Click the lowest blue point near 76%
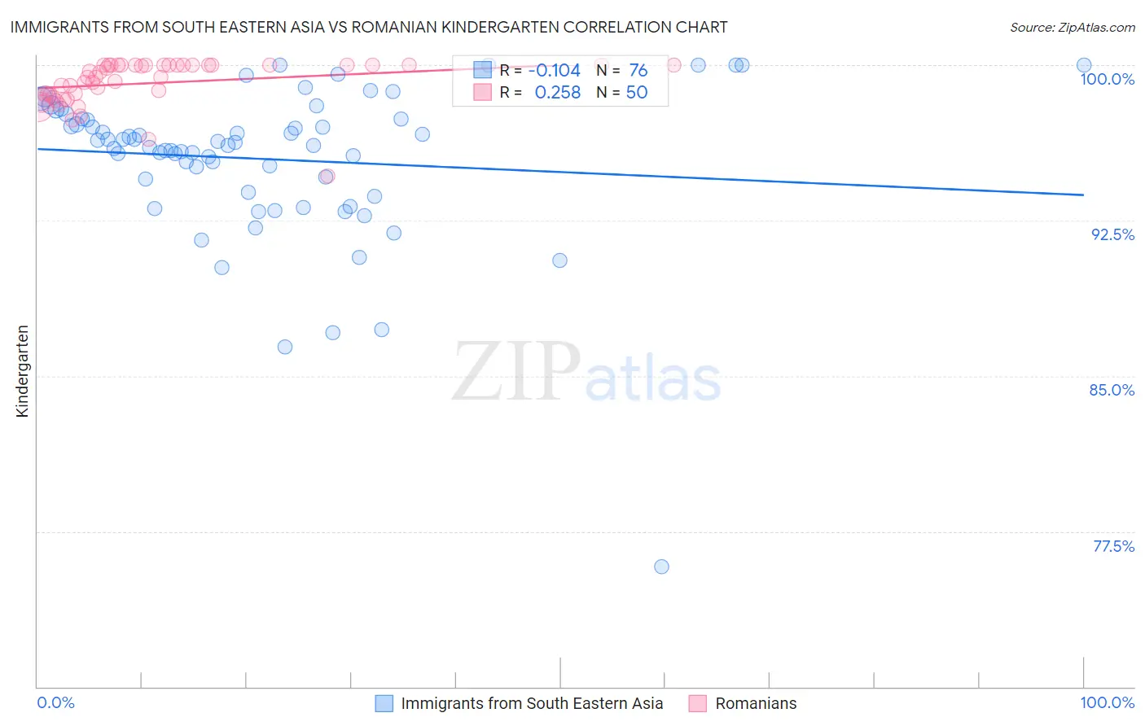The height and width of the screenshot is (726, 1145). (x=661, y=566)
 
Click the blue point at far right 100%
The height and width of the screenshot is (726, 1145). (x=1083, y=65)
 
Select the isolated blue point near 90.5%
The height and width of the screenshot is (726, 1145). (x=559, y=260)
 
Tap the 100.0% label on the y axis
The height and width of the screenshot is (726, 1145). (x=1107, y=79)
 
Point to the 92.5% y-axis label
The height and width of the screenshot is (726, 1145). (x=1112, y=234)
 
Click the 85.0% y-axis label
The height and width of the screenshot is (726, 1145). (x=1112, y=390)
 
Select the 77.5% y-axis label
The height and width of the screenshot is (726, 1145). (x=1113, y=546)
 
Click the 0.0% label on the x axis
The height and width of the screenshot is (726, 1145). (x=55, y=703)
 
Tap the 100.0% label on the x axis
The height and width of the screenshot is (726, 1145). (x=1107, y=703)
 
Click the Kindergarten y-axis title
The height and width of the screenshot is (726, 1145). (x=22, y=371)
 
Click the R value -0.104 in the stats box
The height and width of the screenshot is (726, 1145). (x=554, y=71)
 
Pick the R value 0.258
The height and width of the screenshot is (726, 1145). (x=557, y=93)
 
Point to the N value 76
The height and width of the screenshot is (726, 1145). (x=638, y=71)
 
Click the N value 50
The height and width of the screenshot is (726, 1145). (x=636, y=93)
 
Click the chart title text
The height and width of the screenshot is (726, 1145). (x=369, y=27)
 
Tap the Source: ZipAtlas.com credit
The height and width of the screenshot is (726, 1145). (x=1072, y=27)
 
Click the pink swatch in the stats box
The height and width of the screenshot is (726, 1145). (x=483, y=93)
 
